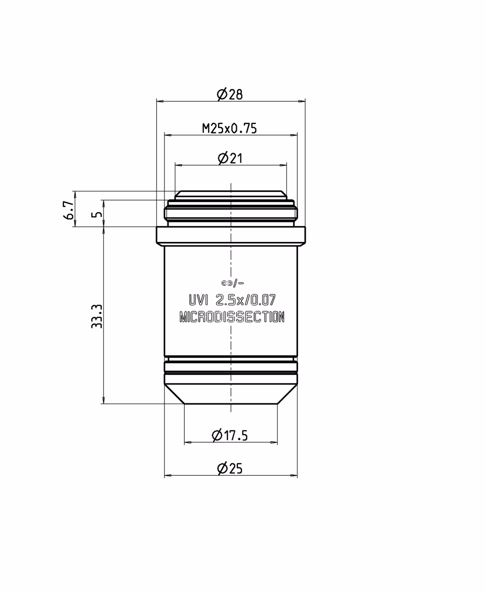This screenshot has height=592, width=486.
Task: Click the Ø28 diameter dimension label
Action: click(x=230, y=95)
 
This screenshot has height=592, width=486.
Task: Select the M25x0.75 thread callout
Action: click(x=230, y=129)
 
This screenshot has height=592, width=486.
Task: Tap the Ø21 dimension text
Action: click(x=230, y=159)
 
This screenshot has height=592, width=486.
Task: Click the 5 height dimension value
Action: click(x=97, y=215)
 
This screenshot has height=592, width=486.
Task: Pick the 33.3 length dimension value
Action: click(x=97, y=316)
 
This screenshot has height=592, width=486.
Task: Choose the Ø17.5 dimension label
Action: click(x=230, y=435)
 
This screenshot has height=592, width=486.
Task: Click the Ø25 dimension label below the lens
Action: click(x=230, y=468)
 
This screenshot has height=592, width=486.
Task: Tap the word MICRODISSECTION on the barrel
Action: click(x=232, y=317)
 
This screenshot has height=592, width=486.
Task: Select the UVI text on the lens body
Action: click(x=199, y=300)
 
